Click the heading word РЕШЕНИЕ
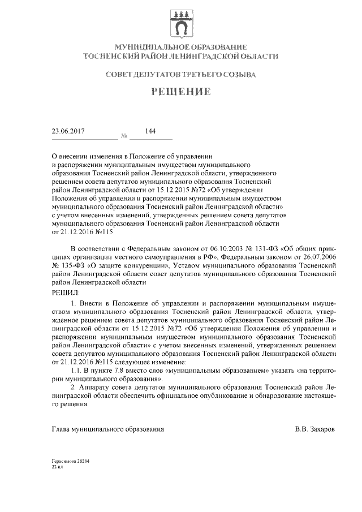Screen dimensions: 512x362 click(x=180, y=92)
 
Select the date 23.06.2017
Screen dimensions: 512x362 click(x=68, y=131)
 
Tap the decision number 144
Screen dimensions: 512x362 click(x=150, y=131)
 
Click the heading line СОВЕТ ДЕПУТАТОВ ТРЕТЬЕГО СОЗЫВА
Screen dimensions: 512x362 click(x=180, y=74)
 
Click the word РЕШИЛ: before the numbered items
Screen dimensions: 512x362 click(x=66, y=292)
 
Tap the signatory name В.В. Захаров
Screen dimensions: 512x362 click(x=314, y=429)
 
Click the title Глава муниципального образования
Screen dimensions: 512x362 click(x=108, y=429)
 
